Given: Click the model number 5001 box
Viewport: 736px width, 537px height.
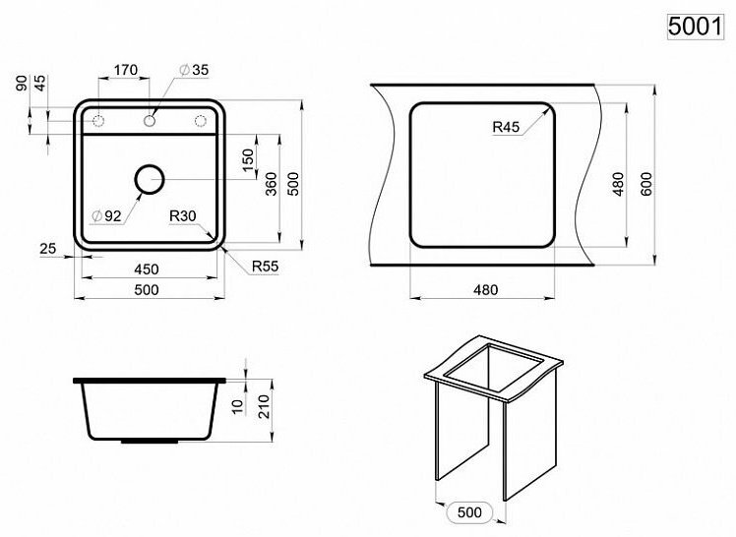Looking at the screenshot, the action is point(696,27).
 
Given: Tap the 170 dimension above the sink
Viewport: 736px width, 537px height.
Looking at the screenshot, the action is point(126,70).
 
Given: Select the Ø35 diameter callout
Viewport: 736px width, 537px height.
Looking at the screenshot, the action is point(194,70).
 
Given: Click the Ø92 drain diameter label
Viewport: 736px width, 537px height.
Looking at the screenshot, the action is point(106,216).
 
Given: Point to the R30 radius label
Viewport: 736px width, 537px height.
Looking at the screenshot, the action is point(183,216).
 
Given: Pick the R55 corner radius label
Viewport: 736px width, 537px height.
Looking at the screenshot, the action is point(266,267).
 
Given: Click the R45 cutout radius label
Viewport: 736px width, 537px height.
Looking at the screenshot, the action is point(506,127).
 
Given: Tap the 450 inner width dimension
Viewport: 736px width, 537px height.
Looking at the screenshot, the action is point(147,269).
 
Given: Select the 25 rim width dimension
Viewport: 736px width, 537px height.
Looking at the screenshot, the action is point(48,249).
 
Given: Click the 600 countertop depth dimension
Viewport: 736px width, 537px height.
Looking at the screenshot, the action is point(645,184).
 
